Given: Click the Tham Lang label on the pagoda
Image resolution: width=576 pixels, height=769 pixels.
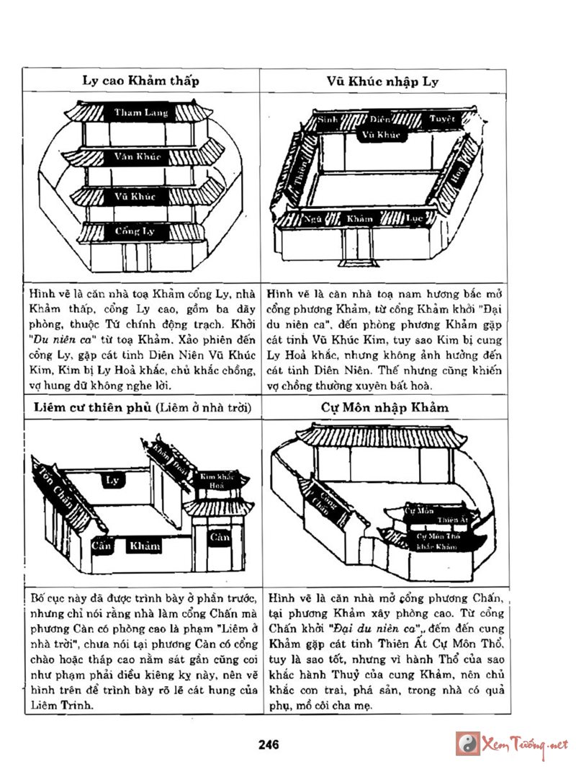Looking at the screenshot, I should tap(141, 113).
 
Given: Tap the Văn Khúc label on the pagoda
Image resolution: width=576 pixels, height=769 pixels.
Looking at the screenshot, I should tap(138, 156).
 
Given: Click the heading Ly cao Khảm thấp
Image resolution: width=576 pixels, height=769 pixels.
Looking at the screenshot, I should tap(140, 80).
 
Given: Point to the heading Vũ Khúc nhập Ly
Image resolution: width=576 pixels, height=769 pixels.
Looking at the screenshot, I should tap(387, 80).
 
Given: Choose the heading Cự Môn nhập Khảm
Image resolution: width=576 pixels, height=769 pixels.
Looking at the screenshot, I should tap(385, 407).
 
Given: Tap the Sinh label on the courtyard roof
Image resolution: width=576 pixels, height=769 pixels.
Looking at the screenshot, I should tap(328, 117).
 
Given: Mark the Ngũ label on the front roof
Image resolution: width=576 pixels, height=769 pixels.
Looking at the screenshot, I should tap(312, 217).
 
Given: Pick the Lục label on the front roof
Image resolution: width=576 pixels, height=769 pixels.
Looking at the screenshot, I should tap(413, 217).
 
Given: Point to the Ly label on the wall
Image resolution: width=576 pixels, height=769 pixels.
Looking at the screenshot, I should tap(112, 479).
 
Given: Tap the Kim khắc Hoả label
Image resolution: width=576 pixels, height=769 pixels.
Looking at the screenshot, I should tap(217, 481).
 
